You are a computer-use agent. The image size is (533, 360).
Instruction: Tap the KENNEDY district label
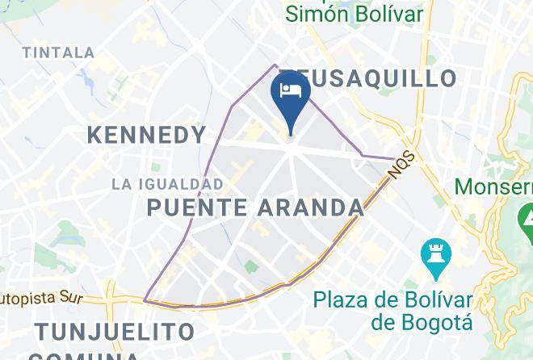146,135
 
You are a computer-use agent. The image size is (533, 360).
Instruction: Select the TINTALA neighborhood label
59,52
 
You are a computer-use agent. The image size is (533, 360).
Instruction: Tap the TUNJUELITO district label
115,332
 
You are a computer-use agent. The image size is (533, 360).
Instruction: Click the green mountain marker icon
525,217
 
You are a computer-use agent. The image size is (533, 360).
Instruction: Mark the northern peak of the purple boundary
275,65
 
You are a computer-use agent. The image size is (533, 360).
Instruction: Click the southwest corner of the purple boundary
145,301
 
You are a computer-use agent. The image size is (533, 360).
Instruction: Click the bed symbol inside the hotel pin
289,89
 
